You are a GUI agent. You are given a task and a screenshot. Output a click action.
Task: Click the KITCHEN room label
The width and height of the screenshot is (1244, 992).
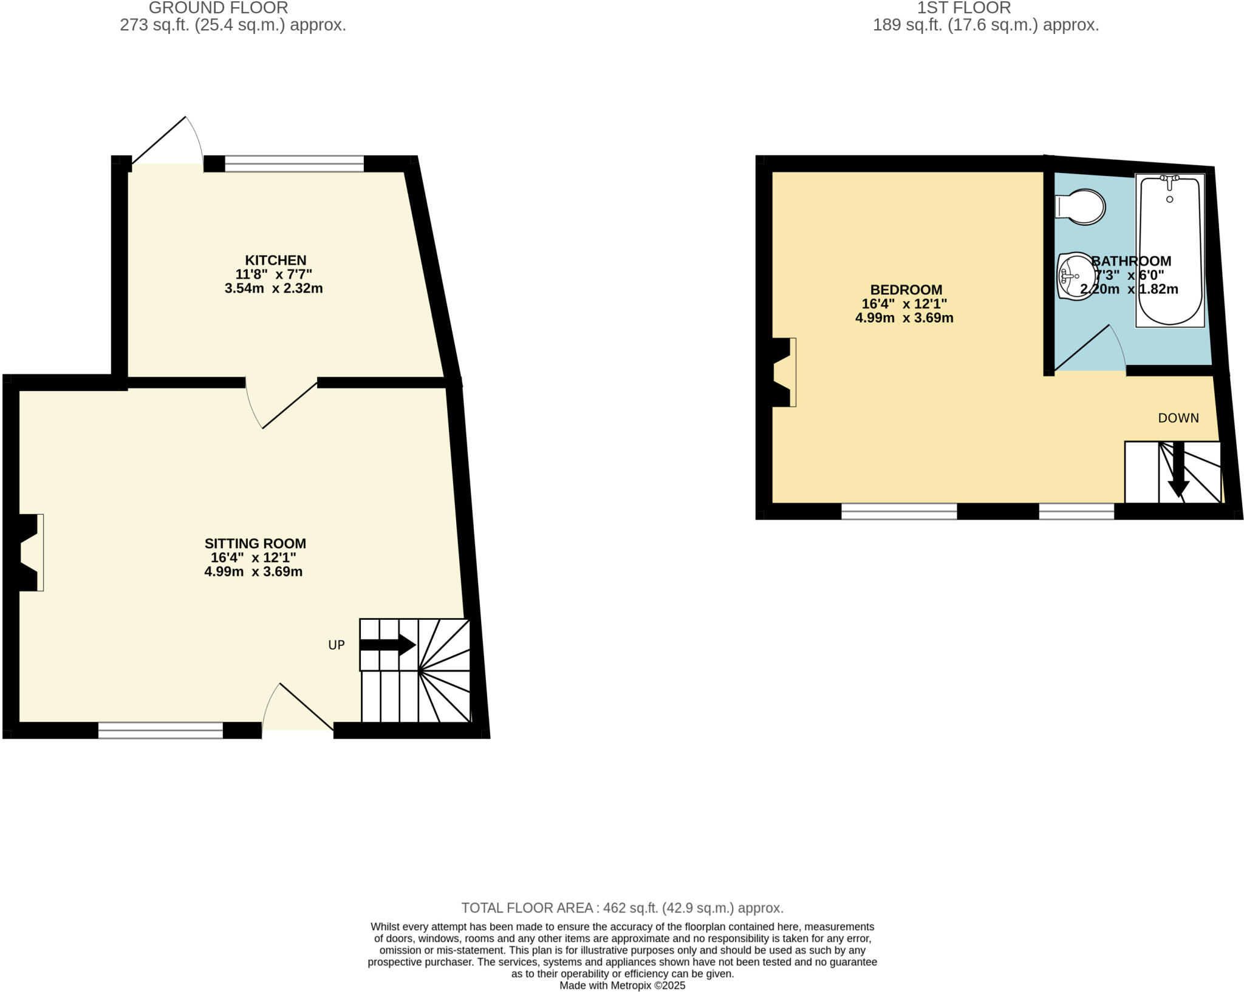tap(275, 260)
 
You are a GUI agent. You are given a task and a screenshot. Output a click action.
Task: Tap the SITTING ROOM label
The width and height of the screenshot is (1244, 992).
tap(255, 544)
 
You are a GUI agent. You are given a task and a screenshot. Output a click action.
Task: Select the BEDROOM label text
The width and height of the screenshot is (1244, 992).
tap(906, 290)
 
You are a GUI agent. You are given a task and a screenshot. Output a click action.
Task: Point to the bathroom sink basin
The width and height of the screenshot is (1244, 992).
tap(1075, 276)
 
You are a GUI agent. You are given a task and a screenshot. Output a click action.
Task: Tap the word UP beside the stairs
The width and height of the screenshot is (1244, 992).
tap(337, 645)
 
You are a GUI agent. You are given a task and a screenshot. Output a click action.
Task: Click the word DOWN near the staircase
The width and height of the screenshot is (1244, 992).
tap(1178, 418)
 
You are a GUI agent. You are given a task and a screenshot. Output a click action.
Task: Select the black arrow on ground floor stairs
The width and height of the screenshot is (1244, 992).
tap(388, 645)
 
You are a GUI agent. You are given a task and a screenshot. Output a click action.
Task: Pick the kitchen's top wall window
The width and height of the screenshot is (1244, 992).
tap(294, 164)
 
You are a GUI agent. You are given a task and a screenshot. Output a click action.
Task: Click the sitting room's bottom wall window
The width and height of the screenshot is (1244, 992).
tap(160, 730)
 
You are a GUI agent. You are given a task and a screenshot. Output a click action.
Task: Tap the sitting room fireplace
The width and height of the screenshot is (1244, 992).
tap(29, 552)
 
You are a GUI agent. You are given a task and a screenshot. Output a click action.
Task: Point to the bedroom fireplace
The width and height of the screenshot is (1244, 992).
tap(782, 372)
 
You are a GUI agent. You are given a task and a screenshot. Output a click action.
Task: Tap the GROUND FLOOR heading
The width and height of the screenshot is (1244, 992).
tap(218, 8)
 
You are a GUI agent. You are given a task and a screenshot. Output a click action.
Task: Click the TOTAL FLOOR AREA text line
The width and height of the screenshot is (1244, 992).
tap(622, 908)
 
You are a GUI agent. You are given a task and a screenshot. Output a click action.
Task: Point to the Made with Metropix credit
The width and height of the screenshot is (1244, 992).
tap(622, 985)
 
